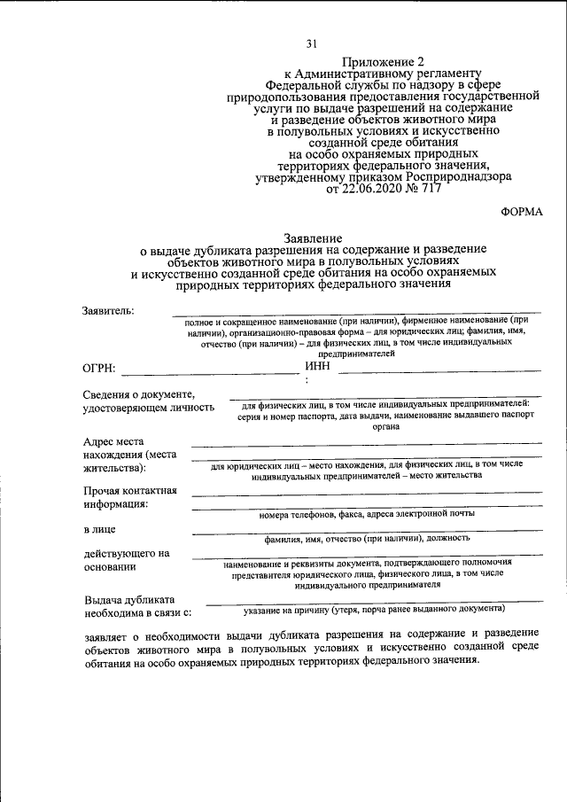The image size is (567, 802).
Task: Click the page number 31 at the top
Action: [311, 44]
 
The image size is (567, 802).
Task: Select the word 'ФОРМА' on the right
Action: [522, 211]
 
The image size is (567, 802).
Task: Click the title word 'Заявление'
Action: [312, 239]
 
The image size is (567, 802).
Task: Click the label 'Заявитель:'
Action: [109, 311]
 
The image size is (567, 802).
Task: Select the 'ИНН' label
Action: [317, 365]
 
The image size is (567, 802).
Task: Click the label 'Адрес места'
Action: [114, 440]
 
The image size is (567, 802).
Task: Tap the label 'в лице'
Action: [98, 530]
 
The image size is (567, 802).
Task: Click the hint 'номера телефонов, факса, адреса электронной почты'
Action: [367, 514]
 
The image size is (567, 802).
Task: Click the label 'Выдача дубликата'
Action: [129, 598]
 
